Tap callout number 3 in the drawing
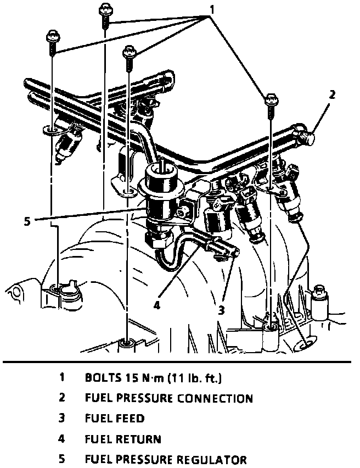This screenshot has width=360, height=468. pyautogui.click(x=222, y=310)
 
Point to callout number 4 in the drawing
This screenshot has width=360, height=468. pyautogui.click(x=157, y=305)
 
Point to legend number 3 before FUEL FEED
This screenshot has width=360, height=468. pyautogui.click(x=63, y=419)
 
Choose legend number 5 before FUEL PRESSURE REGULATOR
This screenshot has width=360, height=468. pyautogui.click(x=63, y=459)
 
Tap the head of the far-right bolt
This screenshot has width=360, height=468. pyautogui.click(x=270, y=99)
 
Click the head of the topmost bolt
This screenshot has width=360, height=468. pyautogui.click(x=105, y=9)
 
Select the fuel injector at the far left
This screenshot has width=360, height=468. pyautogui.click(x=69, y=142)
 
